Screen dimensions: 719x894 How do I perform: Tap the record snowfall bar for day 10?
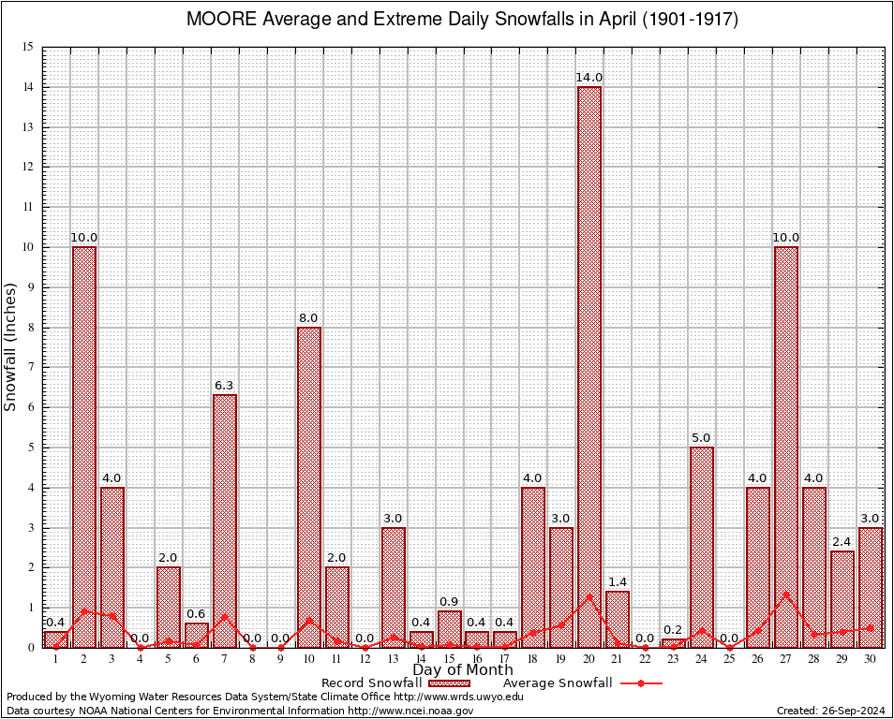(x=309, y=487)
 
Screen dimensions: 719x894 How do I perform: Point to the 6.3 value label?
(x=225, y=386)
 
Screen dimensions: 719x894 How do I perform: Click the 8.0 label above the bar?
(x=309, y=318)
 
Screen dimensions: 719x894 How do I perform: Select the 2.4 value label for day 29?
(x=842, y=542)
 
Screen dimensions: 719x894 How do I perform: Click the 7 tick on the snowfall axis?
(x=30, y=368)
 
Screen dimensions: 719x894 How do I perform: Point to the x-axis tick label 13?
(x=394, y=658)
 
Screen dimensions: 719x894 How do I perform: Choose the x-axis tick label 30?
(x=871, y=658)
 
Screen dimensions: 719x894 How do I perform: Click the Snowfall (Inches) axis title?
(x=11, y=347)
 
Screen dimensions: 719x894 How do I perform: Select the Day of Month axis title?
(x=463, y=670)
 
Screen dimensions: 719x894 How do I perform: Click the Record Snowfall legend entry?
(x=371, y=683)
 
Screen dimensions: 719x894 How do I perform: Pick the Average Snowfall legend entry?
(x=557, y=683)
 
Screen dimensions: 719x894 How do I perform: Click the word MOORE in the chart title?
(x=218, y=20)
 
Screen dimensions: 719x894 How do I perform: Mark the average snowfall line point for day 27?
(x=786, y=594)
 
